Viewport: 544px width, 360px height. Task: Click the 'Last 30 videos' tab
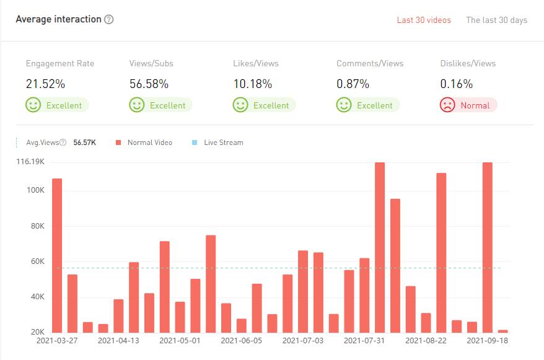pos(424,20)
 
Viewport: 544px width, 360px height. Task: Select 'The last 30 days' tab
pos(496,20)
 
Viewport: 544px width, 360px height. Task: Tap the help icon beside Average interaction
pos(109,19)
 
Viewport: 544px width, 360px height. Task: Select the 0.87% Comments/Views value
pos(353,84)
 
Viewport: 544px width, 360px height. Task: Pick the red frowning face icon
pos(447,105)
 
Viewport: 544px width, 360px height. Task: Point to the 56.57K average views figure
pos(84,143)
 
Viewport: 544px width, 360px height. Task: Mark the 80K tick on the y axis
pos(37,226)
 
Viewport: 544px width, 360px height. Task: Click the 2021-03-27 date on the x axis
pos(57,340)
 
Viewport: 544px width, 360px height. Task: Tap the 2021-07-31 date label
pos(364,340)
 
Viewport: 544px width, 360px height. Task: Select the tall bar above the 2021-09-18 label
pos(487,248)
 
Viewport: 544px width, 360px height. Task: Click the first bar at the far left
pos(57,255)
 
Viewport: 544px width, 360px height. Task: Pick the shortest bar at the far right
pos(502,331)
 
